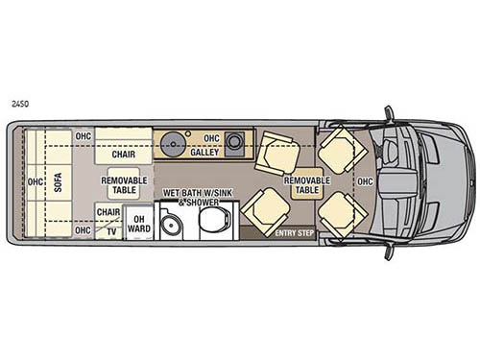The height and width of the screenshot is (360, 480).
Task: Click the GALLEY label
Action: pyautogui.click(x=204, y=152)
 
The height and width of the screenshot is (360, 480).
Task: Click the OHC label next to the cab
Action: pyautogui.click(x=366, y=180)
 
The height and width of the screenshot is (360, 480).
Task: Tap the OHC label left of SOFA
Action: pyautogui.click(x=36, y=180)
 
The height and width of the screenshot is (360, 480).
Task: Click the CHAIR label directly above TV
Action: pyautogui.click(x=108, y=213)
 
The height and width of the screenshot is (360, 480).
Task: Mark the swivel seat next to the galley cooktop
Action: pyautogui.click(x=275, y=148)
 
